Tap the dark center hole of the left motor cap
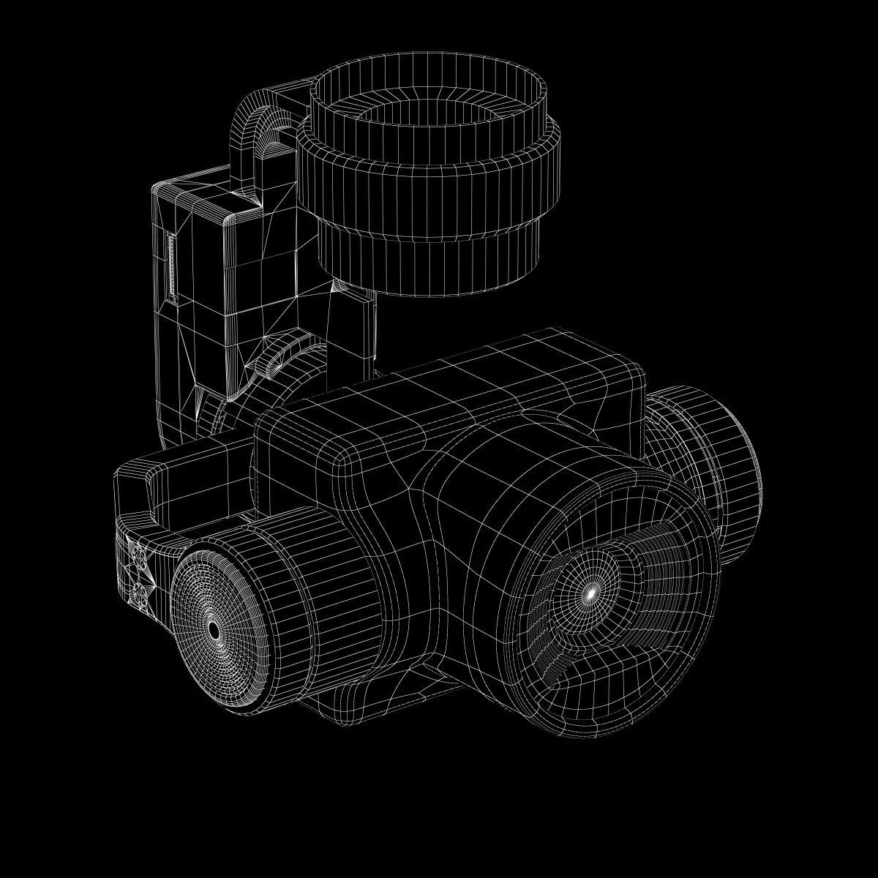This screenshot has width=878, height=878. pos(213,629)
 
